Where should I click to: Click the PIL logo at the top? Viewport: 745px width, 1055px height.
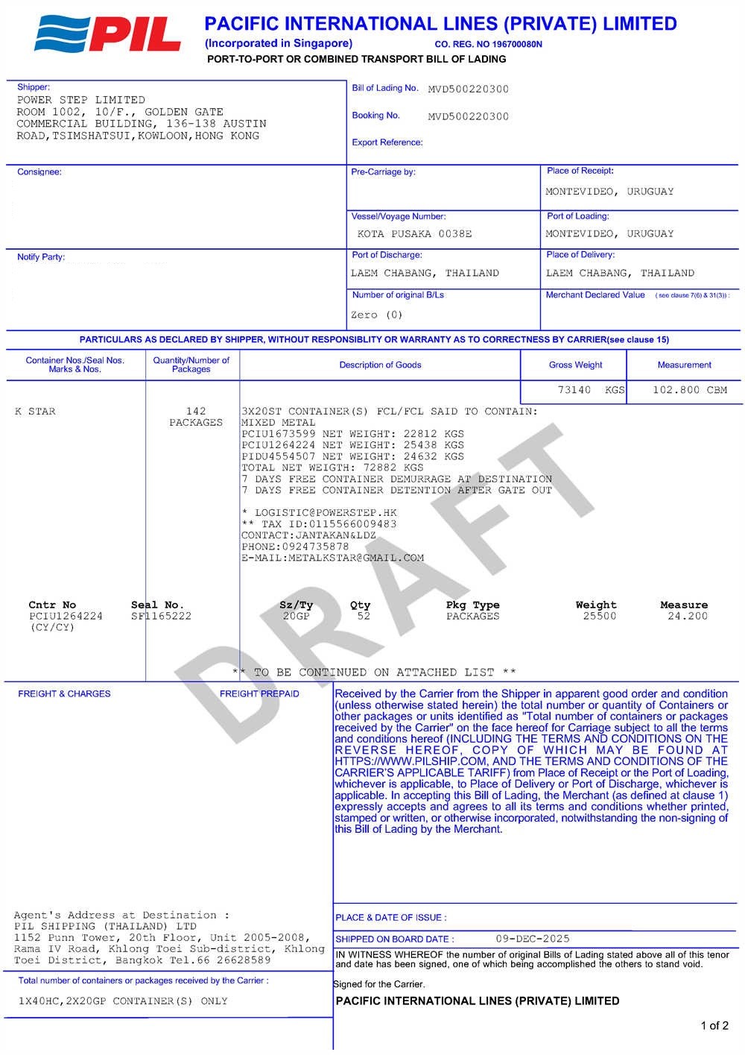(108, 34)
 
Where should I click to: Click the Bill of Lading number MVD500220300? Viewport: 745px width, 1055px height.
(468, 89)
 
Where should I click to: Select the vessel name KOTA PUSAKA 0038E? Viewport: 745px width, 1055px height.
(414, 234)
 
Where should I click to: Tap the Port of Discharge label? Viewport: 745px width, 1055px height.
(387, 255)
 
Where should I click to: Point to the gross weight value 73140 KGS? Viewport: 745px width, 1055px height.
(591, 390)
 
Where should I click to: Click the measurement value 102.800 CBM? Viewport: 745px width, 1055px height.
(689, 390)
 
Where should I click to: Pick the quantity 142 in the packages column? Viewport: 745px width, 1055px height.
(196, 412)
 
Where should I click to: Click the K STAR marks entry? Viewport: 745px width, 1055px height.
(35, 412)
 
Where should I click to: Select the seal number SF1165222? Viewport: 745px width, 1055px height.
(161, 617)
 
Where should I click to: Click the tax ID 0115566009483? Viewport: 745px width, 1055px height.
(352, 524)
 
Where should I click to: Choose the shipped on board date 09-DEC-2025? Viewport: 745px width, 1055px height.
(532, 939)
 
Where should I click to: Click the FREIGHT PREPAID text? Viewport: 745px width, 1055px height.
(259, 694)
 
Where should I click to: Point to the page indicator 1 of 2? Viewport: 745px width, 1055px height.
(714, 1026)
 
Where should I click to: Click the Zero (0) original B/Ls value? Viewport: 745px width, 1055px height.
(376, 315)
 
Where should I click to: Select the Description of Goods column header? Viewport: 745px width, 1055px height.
(380, 365)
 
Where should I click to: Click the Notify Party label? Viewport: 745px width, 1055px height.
(41, 257)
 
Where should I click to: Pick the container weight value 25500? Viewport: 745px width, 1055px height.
(599, 617)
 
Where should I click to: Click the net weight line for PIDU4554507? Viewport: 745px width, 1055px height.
(352, 456)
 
